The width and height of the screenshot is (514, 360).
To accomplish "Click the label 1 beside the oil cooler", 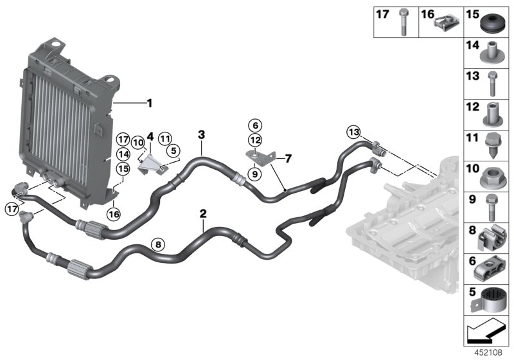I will tap(150, 103).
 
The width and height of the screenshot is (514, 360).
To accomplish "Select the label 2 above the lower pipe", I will tap(203, 213).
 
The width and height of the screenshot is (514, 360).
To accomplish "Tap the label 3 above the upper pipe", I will tap(201, 135).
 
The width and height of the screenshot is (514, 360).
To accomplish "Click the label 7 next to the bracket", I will tap(288, 158).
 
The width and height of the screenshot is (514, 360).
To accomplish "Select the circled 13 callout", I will tap(353, 132).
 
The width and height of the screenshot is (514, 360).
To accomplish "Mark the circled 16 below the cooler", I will tap(113, 214).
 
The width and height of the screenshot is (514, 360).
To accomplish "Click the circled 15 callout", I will tap(123, 168).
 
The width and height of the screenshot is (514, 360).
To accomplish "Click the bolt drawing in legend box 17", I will tap(403, 21).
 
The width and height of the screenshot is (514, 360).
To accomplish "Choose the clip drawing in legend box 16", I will tap(445, 23).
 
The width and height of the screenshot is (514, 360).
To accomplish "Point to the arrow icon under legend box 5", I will tap(486, 332).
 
